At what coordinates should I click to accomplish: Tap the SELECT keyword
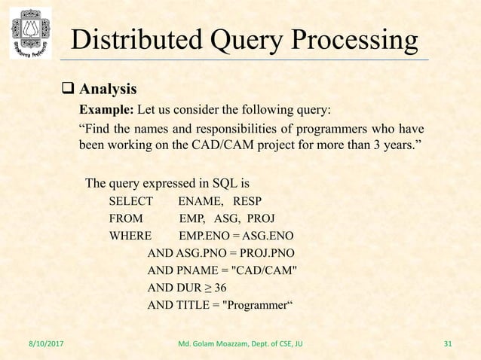tap(130, 201)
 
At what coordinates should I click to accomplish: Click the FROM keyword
tap(126, 218)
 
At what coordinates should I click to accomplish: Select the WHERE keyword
tap(130, 236)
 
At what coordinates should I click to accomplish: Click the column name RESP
tap(248, 201)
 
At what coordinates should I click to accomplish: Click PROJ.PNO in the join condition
tap(269, 253)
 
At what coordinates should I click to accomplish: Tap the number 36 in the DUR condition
tap(219, 288)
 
